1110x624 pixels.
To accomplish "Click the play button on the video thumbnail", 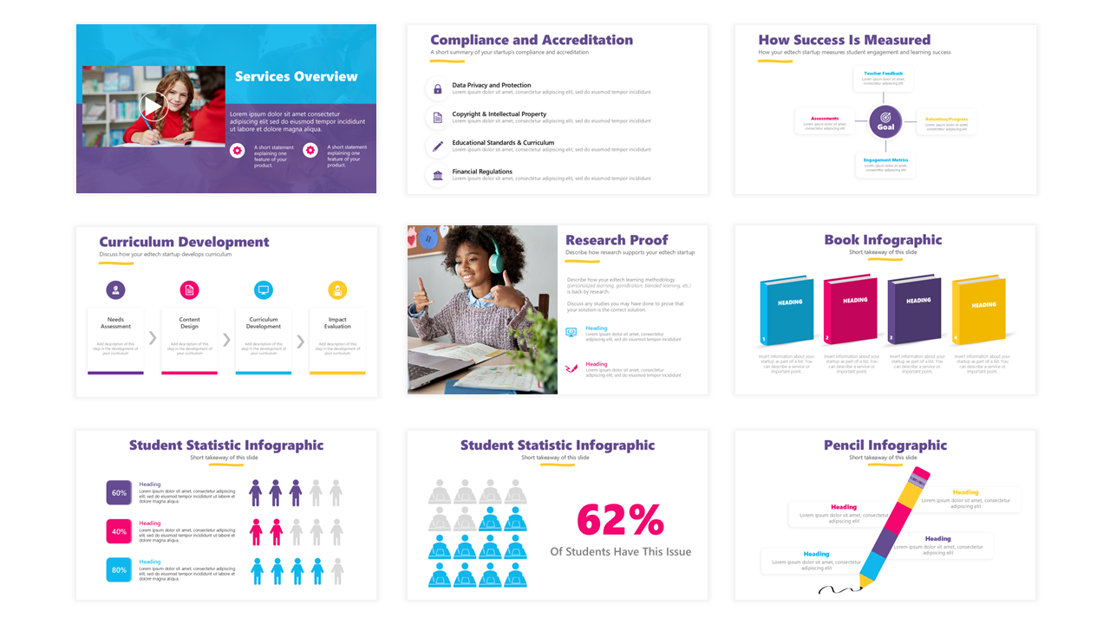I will [153, 106].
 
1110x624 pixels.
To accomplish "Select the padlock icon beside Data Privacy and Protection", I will [438, 89].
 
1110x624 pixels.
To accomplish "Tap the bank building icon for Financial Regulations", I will [438, 176].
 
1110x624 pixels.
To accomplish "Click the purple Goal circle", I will [885, 121].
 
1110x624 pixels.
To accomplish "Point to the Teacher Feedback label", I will [885, 74].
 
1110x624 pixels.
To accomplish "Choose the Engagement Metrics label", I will [885, 160].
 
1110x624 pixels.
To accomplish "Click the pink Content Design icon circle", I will [189, 290].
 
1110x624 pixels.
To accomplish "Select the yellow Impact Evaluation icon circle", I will [337, 290].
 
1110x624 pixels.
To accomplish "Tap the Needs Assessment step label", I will [115, 323].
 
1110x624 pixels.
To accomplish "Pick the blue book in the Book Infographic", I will [787, 310].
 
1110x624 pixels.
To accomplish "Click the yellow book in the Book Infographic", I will [980, 310].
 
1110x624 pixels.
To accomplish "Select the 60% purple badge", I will [119, 493].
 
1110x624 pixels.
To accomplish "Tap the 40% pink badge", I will [119, 531].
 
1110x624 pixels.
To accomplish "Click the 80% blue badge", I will [119, 570].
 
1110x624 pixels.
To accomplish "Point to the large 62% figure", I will [620, 520].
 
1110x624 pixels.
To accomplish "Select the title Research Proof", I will [617, 240].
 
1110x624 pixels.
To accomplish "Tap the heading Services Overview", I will [296, 76].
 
